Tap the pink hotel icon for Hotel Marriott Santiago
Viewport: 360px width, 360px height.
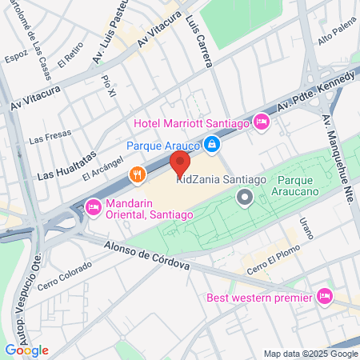click(260, 122)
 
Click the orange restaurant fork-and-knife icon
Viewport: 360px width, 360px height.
click(138, 174)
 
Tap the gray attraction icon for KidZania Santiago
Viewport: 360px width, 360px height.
click(246, 196)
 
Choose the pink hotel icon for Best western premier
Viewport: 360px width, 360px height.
click(324, 297)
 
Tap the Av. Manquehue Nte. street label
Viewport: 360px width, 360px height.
click(339, 161)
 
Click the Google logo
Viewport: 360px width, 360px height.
click(26, 350)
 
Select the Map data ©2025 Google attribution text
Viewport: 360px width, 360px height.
click(311, 354)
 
